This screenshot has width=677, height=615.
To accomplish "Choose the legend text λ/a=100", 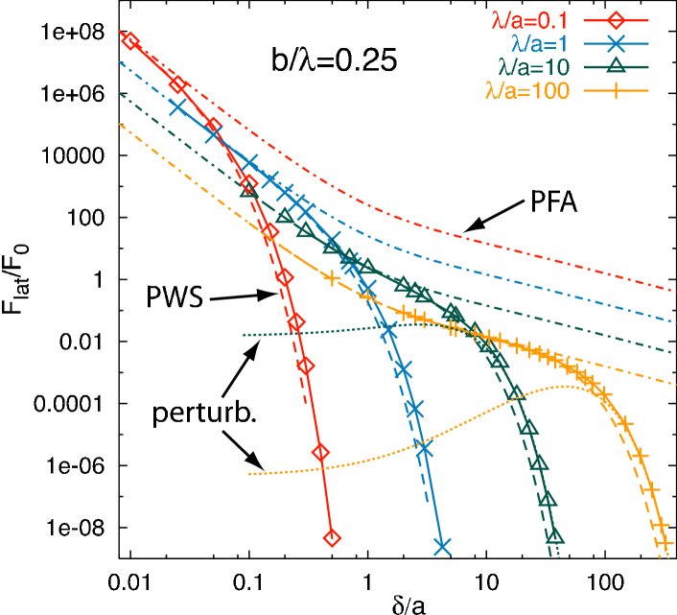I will (527, 91).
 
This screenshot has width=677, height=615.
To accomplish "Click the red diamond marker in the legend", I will (617, 19).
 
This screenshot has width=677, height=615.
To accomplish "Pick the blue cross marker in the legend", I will (617, 43).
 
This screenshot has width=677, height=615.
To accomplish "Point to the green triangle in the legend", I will (617, 67).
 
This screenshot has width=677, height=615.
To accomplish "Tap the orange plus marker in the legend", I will (617, 91).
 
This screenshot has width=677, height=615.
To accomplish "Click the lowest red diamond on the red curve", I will (332, 538).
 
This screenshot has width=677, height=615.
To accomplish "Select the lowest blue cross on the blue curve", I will (442, 546).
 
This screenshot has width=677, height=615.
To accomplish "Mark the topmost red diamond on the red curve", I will (130, 40).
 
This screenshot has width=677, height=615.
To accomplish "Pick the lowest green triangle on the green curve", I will (556, 536).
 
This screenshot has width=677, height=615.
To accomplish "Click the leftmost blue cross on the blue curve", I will (177, 107).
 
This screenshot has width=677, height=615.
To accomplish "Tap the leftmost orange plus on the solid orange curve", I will (332, 278).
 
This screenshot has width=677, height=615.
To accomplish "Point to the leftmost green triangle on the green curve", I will (285, 217).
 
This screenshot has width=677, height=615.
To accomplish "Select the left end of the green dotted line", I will (244, 335).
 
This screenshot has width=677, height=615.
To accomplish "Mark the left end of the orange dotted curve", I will (249, 474).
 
